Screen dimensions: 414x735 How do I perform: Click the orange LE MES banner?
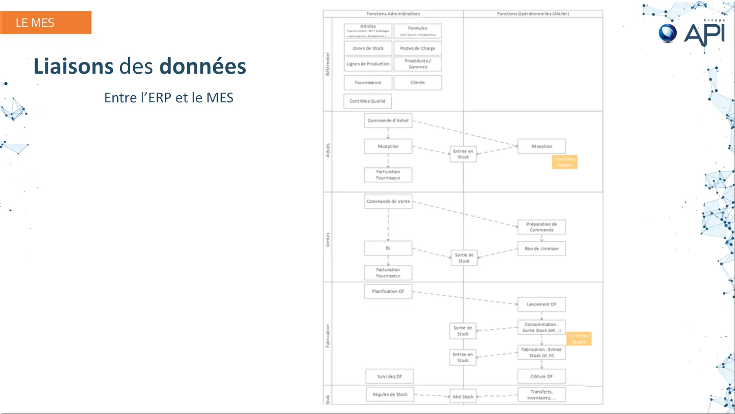[x=45, y=23]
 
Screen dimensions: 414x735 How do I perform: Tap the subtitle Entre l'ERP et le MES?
[x=169, y=97]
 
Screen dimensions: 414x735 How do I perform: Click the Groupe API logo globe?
[x=668, y=33]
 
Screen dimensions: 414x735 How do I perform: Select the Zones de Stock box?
[x=368, y=48]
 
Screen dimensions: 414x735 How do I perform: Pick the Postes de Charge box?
[x=418, y=48]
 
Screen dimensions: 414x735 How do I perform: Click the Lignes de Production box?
[x=368, y=64]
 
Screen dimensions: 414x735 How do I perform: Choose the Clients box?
[x=418, y=82]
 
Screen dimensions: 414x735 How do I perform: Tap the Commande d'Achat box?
[x=388, y=120]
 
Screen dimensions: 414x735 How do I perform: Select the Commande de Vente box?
[x=388, y=201]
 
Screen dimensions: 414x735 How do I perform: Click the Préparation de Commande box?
[x=541, y=227]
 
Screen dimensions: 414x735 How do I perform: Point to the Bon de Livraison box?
[x=541, y=249]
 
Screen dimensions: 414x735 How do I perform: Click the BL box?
[x=388, y=248]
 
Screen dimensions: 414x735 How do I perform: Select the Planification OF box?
[x=388, y=291]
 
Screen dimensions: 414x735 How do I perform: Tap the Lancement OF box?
[x=541, y=304]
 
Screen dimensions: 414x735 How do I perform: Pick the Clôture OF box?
[x=541, y=376]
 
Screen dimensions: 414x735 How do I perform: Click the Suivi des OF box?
[x=389, y=376]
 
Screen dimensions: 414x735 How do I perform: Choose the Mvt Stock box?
[x=463, y=397]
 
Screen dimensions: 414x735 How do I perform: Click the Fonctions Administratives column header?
[x=393, y=14]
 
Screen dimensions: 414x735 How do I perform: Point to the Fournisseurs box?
[x=368, y=82]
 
